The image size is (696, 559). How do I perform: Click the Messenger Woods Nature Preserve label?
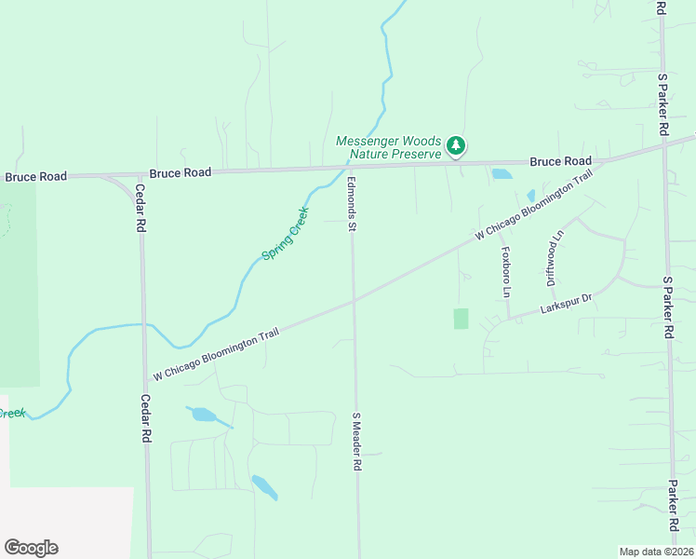(x=388, y=147)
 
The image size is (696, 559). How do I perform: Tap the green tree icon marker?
(x=455, y=144)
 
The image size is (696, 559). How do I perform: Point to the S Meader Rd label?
(x=355, y=441)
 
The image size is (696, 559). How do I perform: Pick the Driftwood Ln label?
(x=556, y=258)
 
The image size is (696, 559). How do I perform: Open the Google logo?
(x=31, y=548)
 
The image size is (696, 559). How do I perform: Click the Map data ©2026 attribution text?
(x=656, y=552)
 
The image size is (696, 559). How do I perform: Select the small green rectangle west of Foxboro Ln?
(x=461, y=319)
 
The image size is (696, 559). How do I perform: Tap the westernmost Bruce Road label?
(x=36, y=176)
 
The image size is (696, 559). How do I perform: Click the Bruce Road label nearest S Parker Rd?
(x=560, y=161)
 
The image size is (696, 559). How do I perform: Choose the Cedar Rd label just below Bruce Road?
(x=141, y=207)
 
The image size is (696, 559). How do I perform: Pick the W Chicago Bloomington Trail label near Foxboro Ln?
(x=532, y=206)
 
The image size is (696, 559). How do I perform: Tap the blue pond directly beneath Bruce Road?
(x=502, y=173)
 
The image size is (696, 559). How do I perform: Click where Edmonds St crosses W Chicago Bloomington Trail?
(x=354, y=299)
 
